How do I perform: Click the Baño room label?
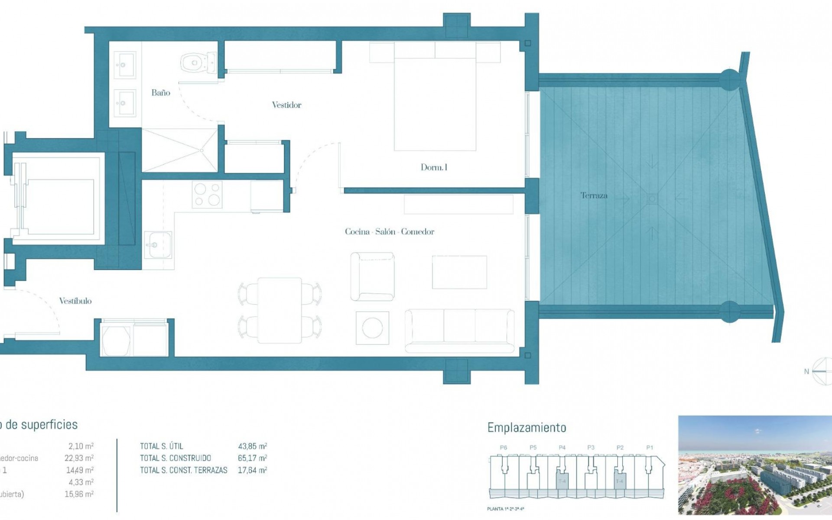click(161, 93)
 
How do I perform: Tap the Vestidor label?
click(286, 105)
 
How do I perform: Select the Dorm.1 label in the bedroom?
click(434, 167)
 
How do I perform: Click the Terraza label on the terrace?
click(594, 195)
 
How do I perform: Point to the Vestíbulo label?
click(75, 301)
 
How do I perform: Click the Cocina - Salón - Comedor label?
click(390, 232)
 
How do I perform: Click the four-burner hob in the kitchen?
click(207, 195)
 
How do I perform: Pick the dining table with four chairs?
click(279, 310)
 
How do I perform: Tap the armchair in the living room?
click(372, 276)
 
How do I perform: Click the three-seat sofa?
click(459, 330)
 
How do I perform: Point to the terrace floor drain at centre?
click(652, 199)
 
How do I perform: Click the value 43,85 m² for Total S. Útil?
click(252, 446)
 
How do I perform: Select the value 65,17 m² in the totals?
click(252, 458)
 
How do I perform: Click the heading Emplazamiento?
click(526, 428)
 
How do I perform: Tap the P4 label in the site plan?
click(562, 448)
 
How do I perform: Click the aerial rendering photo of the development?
click(754, 465)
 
